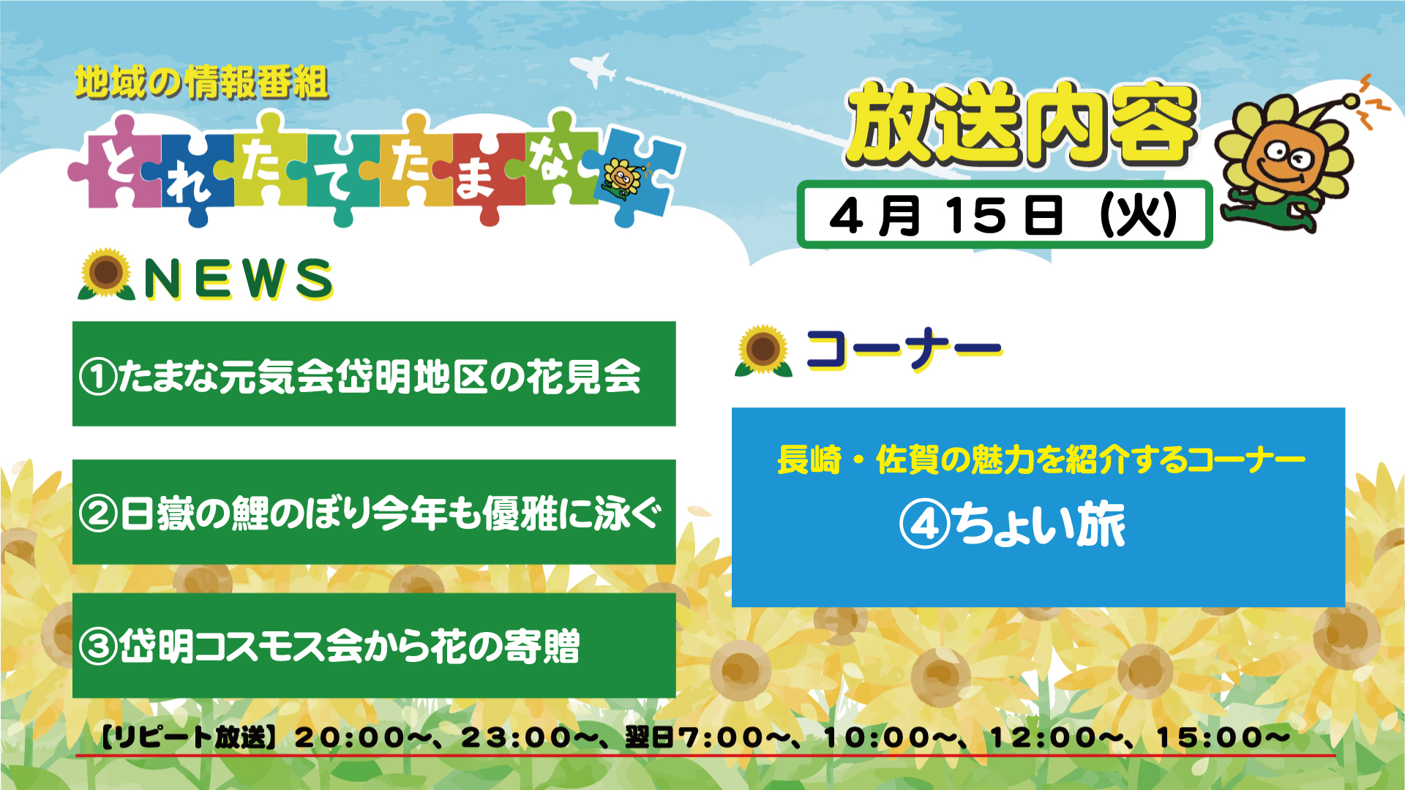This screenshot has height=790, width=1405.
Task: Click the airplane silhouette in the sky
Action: (594, 69)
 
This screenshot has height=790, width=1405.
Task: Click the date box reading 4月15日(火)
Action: (1004, 214)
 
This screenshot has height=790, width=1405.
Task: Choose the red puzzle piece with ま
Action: (479, 176)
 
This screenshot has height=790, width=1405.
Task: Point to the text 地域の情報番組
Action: (201, 82)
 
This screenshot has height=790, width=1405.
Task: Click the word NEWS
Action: (238, 279)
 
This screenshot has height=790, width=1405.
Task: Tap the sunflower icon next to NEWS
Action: (106, 274)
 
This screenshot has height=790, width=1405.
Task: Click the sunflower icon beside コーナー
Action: (763, 350)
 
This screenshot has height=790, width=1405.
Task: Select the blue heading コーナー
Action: (904, 349)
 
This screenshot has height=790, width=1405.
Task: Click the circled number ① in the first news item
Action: (98, 377)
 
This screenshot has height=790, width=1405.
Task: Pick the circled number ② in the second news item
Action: (98, 513)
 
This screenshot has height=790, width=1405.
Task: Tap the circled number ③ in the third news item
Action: (98, 647)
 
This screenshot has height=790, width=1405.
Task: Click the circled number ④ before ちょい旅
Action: (925, 524)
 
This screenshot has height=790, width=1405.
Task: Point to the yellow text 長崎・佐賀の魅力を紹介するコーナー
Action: (1041, 460)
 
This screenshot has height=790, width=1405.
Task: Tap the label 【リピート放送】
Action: (188, 737)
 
